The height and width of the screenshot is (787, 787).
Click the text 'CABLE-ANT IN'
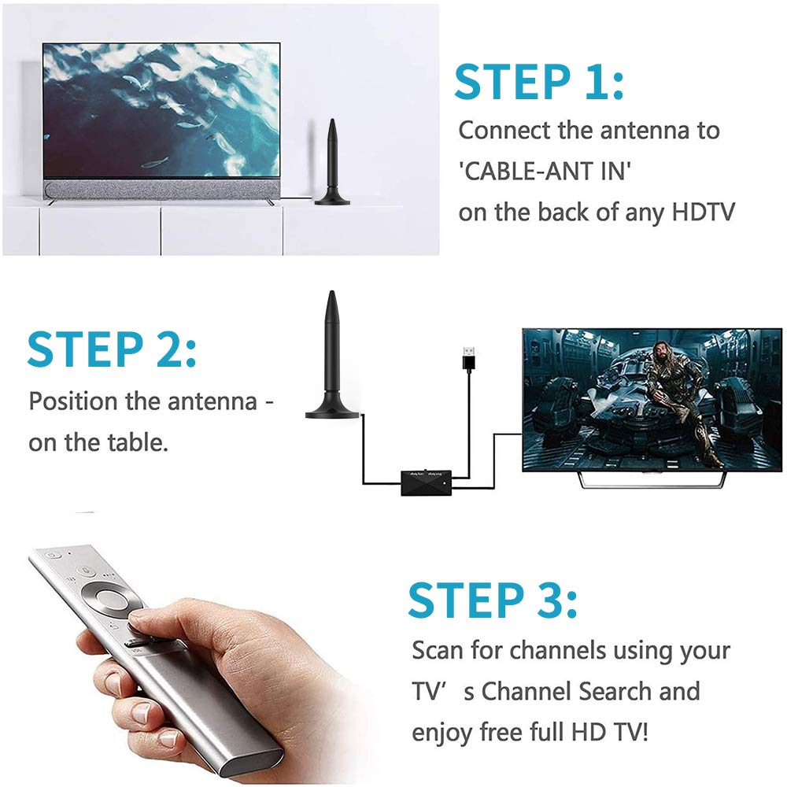pos(545,172)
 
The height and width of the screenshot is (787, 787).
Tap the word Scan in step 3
pos(439,651)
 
